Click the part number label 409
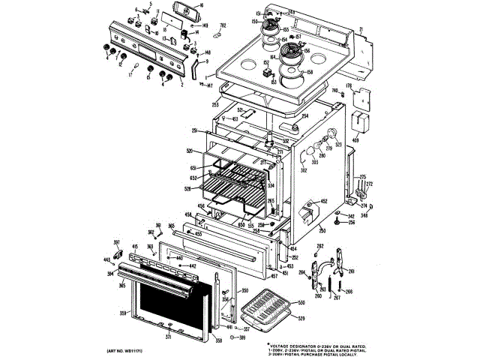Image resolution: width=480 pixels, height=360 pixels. pos(355,140)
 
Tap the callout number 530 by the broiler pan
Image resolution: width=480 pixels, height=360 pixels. pos(301,303)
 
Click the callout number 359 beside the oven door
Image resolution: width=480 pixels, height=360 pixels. pos(123,313)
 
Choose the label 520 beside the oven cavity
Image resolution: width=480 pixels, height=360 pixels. pos(190,151)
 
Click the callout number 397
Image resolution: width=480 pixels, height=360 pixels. pos(117,241)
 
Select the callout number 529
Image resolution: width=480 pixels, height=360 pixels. pos(301,319)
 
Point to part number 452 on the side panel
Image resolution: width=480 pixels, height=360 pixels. pos(324,201)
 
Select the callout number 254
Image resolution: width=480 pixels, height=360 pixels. pos(305,116)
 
